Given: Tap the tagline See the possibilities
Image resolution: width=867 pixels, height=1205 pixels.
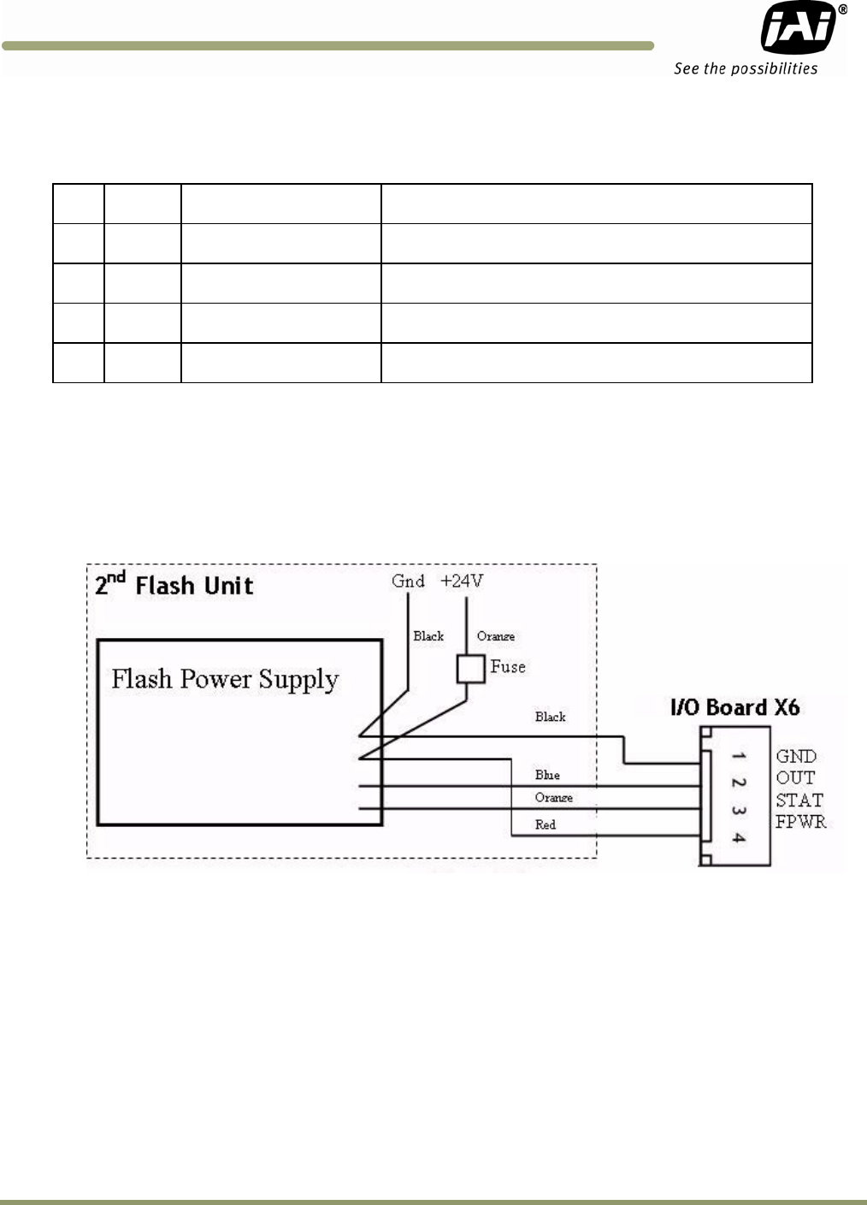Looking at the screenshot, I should [x=746, y=68].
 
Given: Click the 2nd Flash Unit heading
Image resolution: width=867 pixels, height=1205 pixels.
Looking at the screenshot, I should [x=174, y=585].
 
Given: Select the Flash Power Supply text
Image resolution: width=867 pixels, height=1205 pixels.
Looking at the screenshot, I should [x=225, y=679].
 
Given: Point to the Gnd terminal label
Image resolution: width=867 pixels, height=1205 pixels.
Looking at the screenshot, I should [x=408, y=582].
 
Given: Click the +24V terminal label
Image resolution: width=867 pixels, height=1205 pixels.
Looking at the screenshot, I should [x=462, y=582].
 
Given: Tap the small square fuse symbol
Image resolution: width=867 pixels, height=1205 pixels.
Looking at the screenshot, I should [x=470, y=669].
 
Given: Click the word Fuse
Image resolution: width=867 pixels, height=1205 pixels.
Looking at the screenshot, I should [x=508, y=667].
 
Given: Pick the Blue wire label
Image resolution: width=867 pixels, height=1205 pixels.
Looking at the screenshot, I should [x=547, y=775].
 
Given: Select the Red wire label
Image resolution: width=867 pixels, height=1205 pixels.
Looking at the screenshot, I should [x=546, y=824].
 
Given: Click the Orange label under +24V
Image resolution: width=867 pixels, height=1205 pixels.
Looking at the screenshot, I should [x=496, y=636].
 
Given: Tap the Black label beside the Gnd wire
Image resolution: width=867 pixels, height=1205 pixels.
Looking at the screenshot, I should [x=428, y=636].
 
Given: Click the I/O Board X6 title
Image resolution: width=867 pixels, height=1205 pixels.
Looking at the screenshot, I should [x=735, y=707].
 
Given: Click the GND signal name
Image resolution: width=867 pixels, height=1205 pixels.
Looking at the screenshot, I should [x=796, y=756].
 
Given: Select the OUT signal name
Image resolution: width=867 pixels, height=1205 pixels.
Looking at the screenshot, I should [x=795, y=778].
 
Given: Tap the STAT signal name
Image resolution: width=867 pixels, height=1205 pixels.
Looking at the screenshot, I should [x=799, y=800].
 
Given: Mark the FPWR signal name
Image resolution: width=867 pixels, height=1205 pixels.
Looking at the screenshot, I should [x=801, y=822].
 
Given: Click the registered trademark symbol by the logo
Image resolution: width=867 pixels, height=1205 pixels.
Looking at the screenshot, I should [x=843, y=9].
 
